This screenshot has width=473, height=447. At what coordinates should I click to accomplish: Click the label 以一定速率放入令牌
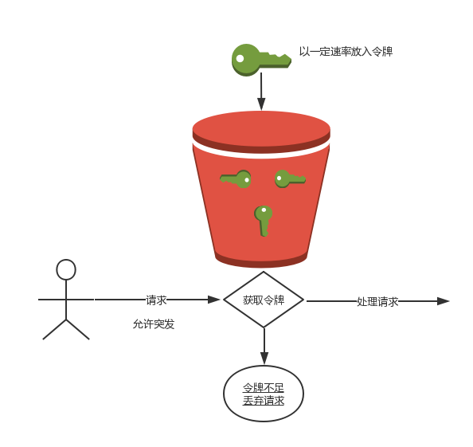tap(346, 51)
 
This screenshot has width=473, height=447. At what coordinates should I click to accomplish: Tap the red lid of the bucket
tap(261, 132)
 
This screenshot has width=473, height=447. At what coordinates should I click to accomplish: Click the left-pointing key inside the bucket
tap(236, 179)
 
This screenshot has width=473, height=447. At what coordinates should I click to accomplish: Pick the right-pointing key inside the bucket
tap(290, 178)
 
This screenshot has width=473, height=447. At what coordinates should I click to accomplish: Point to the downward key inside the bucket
tap(264, 221)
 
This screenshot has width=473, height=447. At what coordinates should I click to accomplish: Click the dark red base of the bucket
tap(261, 260)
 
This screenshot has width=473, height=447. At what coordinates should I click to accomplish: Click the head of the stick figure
tap(66, 269)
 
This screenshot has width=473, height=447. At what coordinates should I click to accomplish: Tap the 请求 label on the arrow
tap(156, 300)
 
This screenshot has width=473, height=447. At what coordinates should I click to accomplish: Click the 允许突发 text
tap(154, 323)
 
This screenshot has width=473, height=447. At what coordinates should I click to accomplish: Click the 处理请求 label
tap(377, 301)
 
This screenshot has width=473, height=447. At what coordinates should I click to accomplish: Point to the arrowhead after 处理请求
tap(443, 301)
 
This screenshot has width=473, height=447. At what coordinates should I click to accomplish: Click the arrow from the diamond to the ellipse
tap(264, 346)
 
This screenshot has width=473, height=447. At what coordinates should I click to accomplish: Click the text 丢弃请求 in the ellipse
tap(264, 401)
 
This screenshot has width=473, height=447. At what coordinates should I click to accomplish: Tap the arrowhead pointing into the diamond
tap(214, 300)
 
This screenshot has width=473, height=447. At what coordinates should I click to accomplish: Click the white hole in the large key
tap(240, 58)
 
